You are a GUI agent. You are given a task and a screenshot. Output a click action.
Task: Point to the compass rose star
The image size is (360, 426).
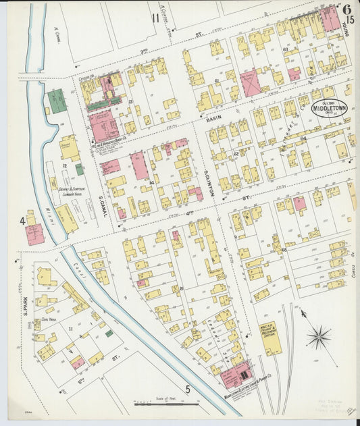[319, 336]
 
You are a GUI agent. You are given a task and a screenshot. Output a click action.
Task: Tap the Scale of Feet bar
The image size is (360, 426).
[166, 404]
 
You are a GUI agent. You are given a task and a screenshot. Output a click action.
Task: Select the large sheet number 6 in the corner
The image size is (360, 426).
[346, 9]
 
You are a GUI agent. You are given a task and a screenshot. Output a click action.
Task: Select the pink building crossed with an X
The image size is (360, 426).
[250, 82]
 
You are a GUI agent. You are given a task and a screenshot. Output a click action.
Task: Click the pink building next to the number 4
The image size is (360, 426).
[35, 233]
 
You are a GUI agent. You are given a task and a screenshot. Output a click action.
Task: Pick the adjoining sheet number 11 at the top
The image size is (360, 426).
[156, 18]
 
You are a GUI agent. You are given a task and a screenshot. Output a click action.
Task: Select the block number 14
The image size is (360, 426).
[153, 183]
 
